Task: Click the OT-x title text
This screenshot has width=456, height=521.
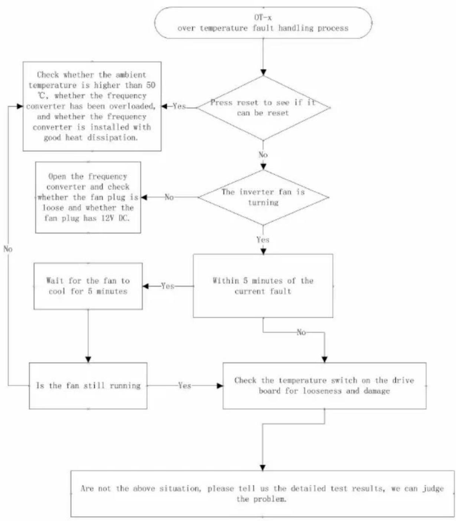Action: point(263,17)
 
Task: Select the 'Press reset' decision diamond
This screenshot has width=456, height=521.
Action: point(263,108)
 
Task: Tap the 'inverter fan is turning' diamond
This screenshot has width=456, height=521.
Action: point(263,197)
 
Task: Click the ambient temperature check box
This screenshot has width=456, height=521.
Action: point(92,106)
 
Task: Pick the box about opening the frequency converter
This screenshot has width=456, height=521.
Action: point(88,197)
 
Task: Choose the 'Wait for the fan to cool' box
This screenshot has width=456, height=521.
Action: point(88,286)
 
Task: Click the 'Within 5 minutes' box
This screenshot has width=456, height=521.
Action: point(263,286)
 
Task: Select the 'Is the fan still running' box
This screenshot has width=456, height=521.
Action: point(88,386)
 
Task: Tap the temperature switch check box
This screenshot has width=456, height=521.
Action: point(324,386)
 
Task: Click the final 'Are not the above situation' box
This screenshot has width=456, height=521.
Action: point(263,494)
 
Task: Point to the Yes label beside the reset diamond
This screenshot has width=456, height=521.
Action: point(179,106)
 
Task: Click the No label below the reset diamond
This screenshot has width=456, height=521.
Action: point(263,155)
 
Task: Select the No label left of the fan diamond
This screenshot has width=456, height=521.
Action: point(169,197)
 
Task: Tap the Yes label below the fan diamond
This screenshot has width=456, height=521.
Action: point(263,240)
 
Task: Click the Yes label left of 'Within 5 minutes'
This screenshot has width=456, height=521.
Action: point(167,286)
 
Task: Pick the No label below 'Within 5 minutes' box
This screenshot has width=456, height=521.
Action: point(302,332)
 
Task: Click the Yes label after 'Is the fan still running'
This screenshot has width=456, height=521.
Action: point(185,386)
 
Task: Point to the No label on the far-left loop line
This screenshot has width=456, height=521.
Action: point(8,249)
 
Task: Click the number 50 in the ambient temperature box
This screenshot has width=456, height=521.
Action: point(150,85)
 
